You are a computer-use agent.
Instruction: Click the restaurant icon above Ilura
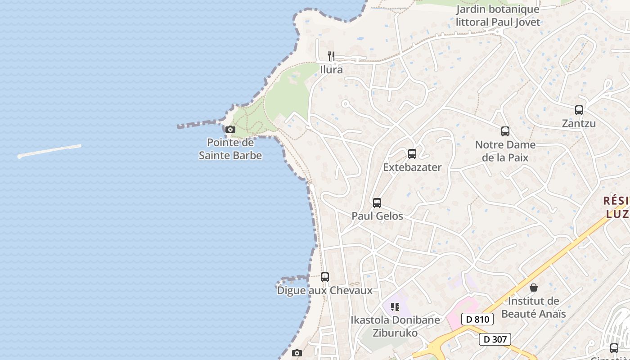click(x=331, y=56)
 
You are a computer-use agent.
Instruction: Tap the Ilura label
click(x=331, y=70)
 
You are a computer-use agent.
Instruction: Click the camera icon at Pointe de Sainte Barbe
click(x=230, y=130)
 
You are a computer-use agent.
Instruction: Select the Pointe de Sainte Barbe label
click(x=230, y=149)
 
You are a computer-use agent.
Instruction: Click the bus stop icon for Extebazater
click(x=412, y=154)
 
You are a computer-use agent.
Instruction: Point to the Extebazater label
click(x=412, y=167)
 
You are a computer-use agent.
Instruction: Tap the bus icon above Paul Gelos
click(x=377, y=203)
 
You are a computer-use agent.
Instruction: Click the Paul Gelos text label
click(x=377, y=216)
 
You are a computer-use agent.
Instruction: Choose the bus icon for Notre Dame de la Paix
click(x=505, y=131)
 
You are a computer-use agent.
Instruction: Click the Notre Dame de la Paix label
click(x=505, y=151)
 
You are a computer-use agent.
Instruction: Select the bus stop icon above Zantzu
click(x=579, y=110)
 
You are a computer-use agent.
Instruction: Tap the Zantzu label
click(x=579, y=123)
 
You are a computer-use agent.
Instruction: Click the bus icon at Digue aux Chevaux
click(x=325, y=277)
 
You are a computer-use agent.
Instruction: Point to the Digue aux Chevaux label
click(x=325, y=290)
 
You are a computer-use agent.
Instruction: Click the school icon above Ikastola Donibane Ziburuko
click(x=395, y=307)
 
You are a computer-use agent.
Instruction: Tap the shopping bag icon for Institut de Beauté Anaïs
click(x=534, y=288)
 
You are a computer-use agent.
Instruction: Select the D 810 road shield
click(x=477, y=319)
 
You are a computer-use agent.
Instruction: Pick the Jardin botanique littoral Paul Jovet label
click(x=498, y=15)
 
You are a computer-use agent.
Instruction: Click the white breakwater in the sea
click(x=49, y=151)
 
